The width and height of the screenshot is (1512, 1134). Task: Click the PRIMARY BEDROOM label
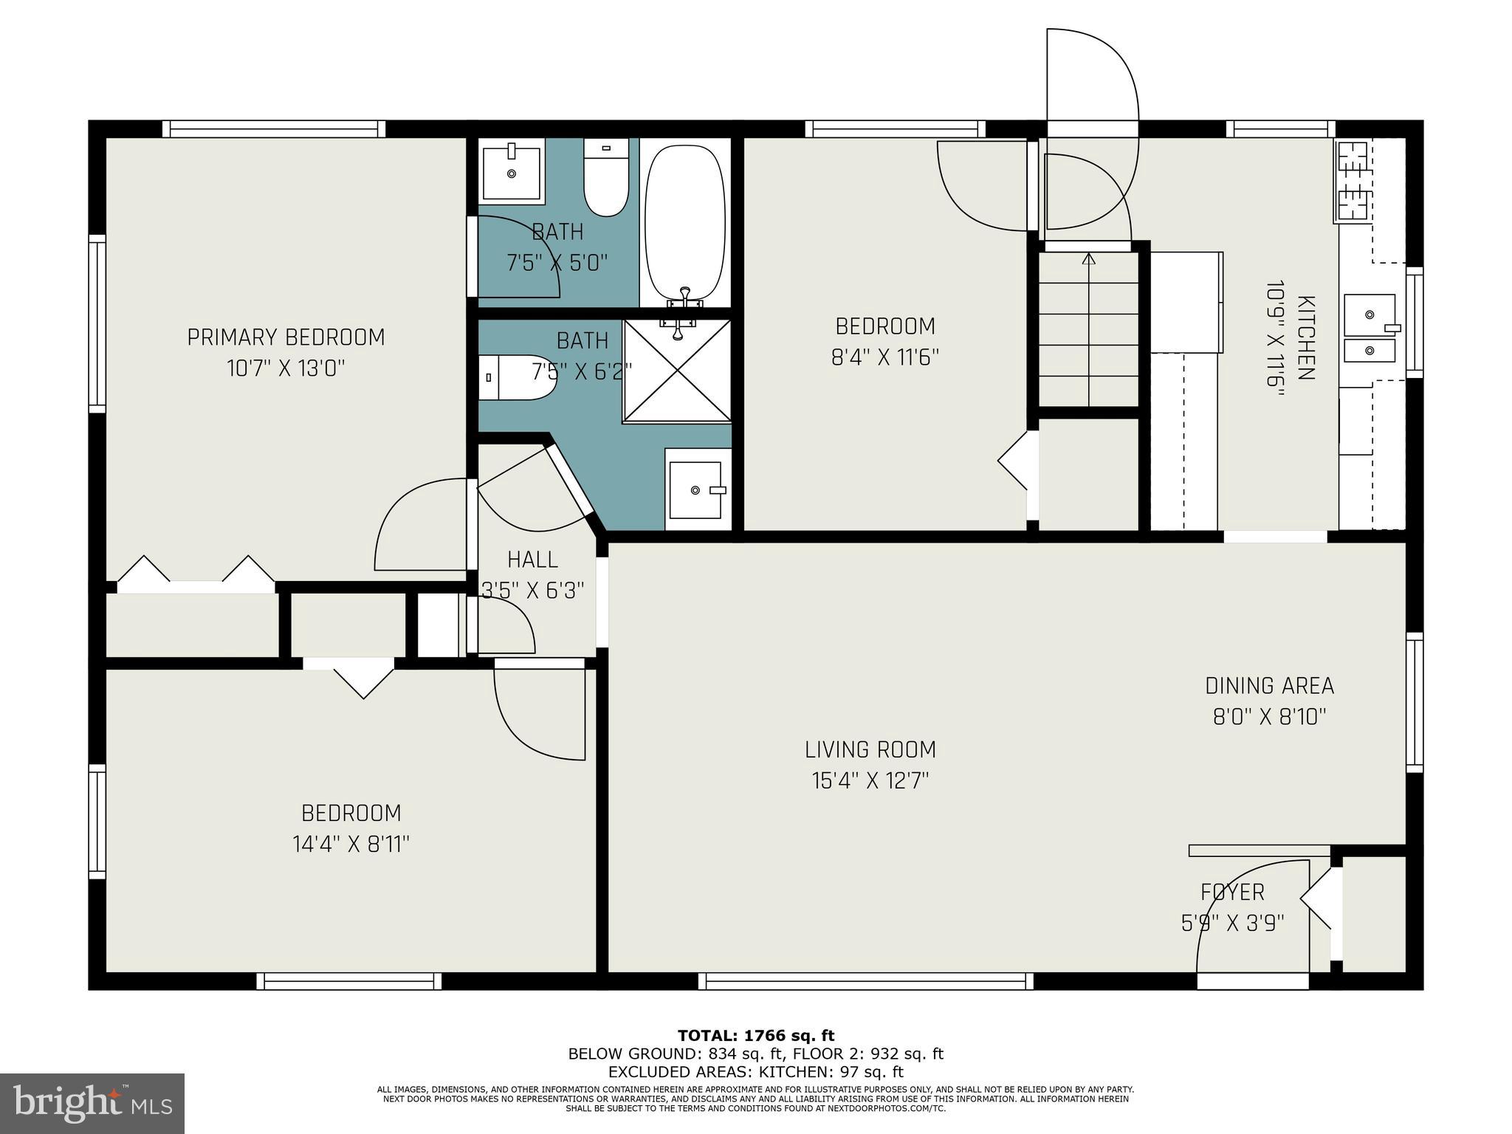click(x=286, y=337)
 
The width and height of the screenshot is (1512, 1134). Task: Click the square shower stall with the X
click(x=677, y=371)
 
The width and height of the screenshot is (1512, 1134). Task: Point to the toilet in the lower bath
click(x=516, y=377)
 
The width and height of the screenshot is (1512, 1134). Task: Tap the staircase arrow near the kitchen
click(x=1088, y=259)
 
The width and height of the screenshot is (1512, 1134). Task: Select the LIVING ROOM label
click(x=870, y=750)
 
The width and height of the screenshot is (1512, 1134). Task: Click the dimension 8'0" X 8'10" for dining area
click(x=1269, y=717)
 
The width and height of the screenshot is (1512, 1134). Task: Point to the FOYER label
click(x=1232, y=893)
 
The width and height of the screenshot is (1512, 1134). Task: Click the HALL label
click(x=533, y=560)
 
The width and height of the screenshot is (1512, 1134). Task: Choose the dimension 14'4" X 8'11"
click(x=351, y=844)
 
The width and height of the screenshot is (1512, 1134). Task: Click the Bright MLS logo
click(x=92, y=1103)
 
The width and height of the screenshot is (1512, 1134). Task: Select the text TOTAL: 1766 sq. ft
click(x=755, y=1036)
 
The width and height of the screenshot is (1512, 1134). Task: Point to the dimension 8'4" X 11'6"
click(x=884, y=357)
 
